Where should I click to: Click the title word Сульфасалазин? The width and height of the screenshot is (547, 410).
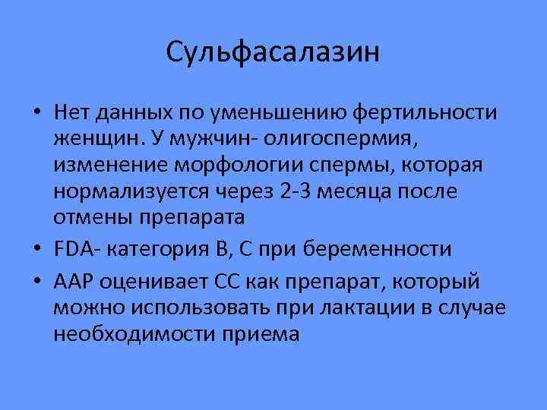[273, 52]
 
